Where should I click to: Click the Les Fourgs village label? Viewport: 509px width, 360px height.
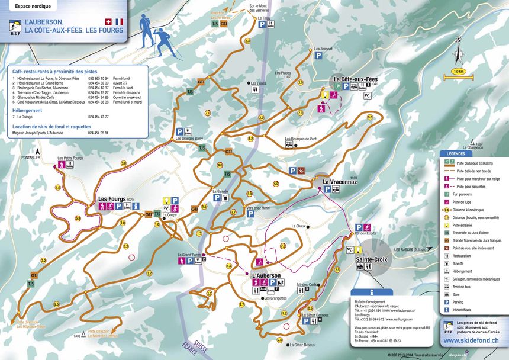pyautogui.click(x=112, y=198)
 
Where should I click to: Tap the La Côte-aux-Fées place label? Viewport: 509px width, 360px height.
pyautogui.click(x=355, y=79)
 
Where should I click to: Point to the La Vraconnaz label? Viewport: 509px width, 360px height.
pyautogui.click(x=340, y=182)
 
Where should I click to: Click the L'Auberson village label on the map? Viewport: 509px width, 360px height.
pyautogui.click(x=266, y=275)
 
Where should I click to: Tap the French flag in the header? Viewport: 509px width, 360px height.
pyautogui.click(x=119, y=21)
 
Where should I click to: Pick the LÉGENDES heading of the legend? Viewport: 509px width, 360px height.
pyautogui.click(x=456, y=153)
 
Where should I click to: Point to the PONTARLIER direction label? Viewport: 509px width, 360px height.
pyautogui.click(x=31, y=158)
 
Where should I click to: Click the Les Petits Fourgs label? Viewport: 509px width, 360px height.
pyautogui.click(x=70, y=159)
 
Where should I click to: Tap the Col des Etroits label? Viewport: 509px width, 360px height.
pyautogui.click(x=365, y=233)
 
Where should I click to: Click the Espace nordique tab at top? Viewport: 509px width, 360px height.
pyautogui.click(x=34, y=7)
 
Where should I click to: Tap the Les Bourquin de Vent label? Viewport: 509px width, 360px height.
pyautogui.click(x=301, y=139)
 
